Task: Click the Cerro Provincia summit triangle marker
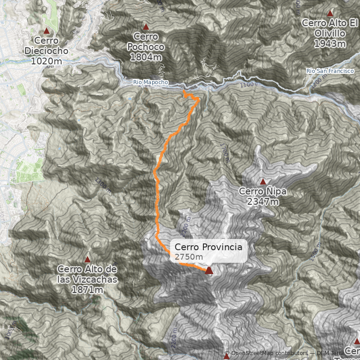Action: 209,270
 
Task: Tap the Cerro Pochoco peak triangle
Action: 145,27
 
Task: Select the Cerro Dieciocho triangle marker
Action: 46,31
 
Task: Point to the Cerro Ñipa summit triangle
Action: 263,181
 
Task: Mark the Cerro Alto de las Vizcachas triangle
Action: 87,260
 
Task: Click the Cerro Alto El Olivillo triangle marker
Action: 330,13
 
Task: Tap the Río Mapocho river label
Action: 151,82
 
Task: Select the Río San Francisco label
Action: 330,71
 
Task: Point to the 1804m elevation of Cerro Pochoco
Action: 145,57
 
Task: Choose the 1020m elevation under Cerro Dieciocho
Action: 46,61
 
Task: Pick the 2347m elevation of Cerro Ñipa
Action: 263,202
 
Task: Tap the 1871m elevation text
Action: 87,290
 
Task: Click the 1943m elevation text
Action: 330,44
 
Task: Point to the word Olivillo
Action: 330,33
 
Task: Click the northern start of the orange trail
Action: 184,91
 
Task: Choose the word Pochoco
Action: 145,47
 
